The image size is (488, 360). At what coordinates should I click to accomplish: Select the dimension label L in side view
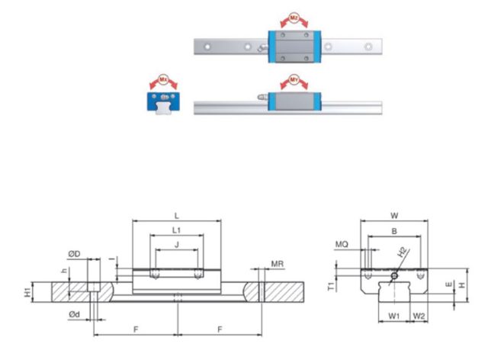[178, 217]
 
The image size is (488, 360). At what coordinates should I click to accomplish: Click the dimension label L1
[177, 230]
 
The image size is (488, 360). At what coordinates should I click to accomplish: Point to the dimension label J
[178, 246]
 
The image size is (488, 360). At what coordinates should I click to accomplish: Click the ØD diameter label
[73, 253]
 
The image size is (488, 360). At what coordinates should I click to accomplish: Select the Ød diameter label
[73, 315]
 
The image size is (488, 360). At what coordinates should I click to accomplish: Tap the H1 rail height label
[27, 291]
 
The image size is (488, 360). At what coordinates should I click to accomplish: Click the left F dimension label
[135, 329]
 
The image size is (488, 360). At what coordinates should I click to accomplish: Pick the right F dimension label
[220, 329]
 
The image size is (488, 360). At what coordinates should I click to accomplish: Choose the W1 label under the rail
[393, 314]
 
